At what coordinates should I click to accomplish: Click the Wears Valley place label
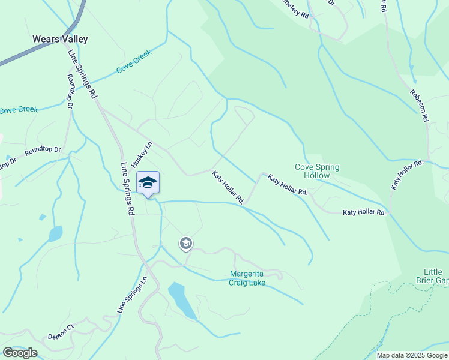[x=60, y=40]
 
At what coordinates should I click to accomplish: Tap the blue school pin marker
[x=148, y=183]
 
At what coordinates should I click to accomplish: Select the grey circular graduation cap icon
[x=185, y=243]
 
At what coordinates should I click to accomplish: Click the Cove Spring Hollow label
[x=316, y=171]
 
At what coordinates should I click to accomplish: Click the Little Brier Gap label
[x=432, y=275]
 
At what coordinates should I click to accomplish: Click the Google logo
[x=20, y=352]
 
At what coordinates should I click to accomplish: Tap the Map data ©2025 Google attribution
[x=412, y=355]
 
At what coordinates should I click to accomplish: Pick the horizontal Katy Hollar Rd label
[x=364, y=212]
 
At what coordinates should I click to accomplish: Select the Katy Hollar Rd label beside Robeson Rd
[x=407, y=175]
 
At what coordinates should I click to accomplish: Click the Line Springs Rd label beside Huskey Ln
[x=127, y=189]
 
